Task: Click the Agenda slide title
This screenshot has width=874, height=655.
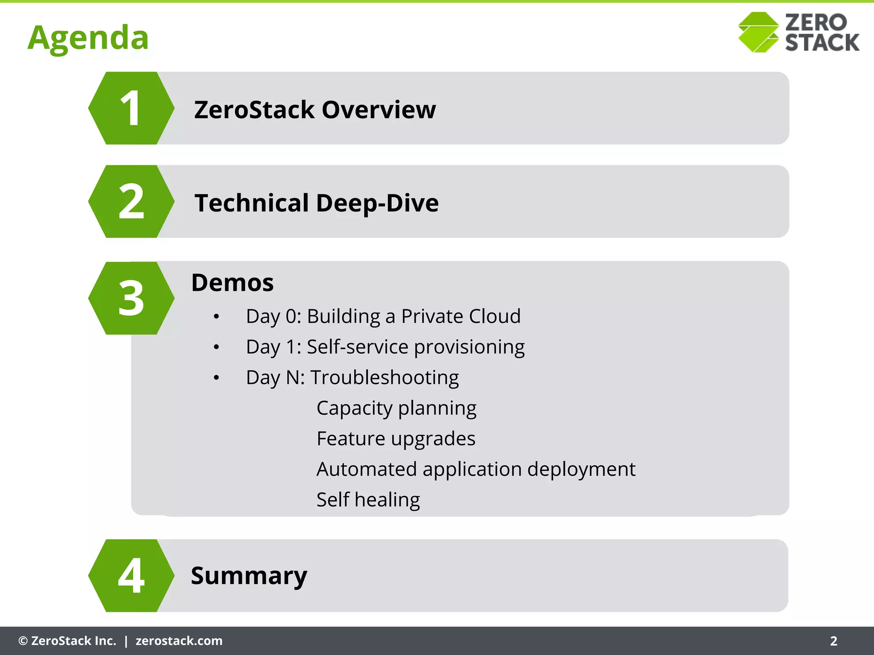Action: tap(88, 38)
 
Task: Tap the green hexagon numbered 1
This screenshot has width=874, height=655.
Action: tap(131, 108)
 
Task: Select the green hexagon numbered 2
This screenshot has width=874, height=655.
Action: tap(131, 202)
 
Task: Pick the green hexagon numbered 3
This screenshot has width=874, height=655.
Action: tap(131, 298)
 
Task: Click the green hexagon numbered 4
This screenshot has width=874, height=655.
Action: tap(131, 576)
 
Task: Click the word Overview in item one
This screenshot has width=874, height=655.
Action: tap(379, 110)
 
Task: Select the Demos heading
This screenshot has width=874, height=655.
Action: tap(232, 283)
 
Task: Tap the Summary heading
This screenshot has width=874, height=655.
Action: tap(249, 576)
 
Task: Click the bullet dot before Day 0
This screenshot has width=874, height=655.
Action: tap(216, 317)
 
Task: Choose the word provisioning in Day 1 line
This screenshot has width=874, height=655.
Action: tap(469, 347)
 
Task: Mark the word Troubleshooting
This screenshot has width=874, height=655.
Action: tap(384, 378)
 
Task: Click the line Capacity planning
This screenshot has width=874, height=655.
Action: tap(396, 409)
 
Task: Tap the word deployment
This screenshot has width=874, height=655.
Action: tap(581, 470)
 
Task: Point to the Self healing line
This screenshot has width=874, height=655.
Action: tap(368, 500)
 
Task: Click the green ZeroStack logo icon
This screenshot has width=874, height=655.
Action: tap(758, 32)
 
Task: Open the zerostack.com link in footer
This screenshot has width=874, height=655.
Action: tap(179, 641)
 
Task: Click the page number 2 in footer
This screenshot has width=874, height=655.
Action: tap(833, 641)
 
